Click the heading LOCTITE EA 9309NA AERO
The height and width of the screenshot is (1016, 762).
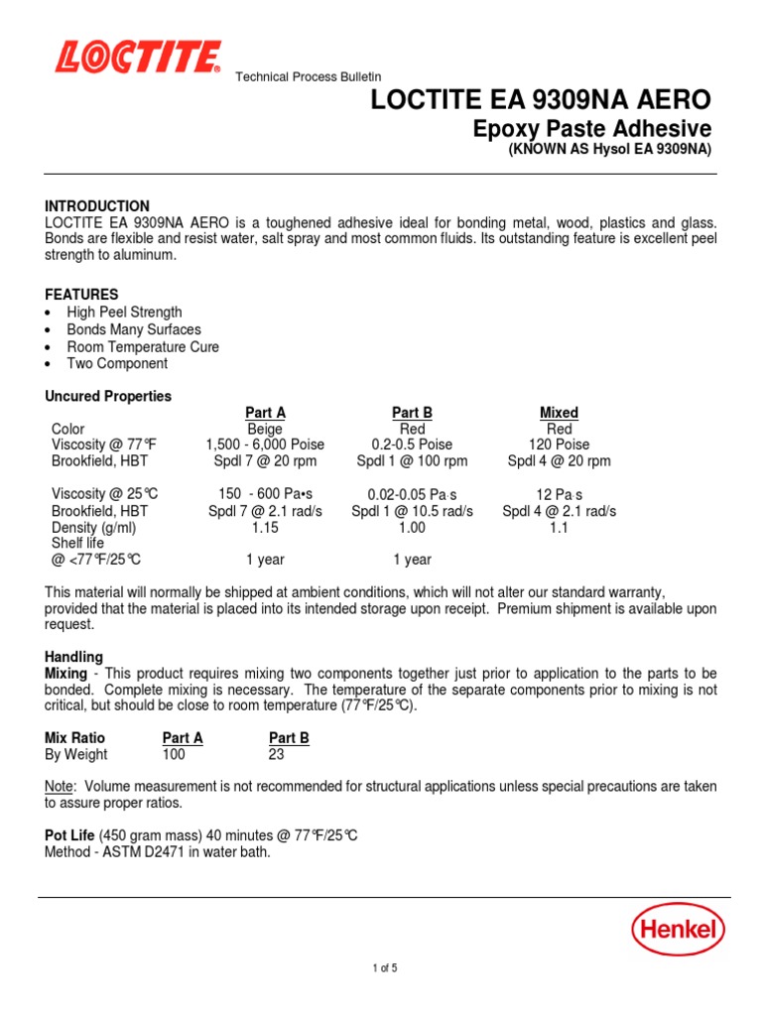click(541, 99)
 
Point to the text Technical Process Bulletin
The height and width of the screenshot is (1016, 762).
click(308, 77)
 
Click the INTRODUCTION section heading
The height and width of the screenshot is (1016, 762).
click(97, 205)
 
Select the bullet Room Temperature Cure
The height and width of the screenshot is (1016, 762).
click(143, 347)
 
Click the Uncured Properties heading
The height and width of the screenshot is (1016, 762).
click(108, 396)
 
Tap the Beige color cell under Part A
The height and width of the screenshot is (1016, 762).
click(265, 429)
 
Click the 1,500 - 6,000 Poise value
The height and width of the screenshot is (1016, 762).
click(265, 444)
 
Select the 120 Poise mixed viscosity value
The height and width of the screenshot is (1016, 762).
click(559, 444)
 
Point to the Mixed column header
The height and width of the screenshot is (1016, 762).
click(559, 413)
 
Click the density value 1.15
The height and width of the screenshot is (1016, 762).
click(265, 528)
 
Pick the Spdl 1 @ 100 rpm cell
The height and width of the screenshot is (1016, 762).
click(412, 461)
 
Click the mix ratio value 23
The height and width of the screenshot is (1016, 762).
click(277, 754)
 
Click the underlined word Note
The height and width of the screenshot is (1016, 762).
click(60, 786)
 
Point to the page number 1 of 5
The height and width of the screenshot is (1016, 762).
click(381, 968)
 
